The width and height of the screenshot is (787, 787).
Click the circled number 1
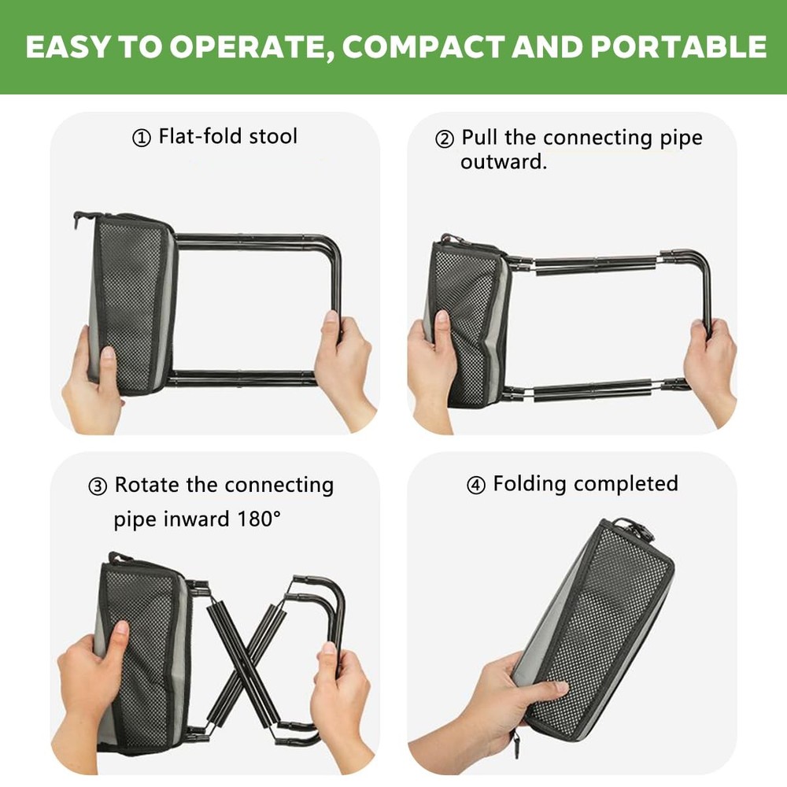(142, 139)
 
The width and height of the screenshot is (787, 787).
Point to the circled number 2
(445, 139)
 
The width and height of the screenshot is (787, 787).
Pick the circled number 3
(98, 486)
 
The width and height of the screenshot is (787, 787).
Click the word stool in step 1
(273, 136)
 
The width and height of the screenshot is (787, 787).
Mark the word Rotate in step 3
(147, 485)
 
